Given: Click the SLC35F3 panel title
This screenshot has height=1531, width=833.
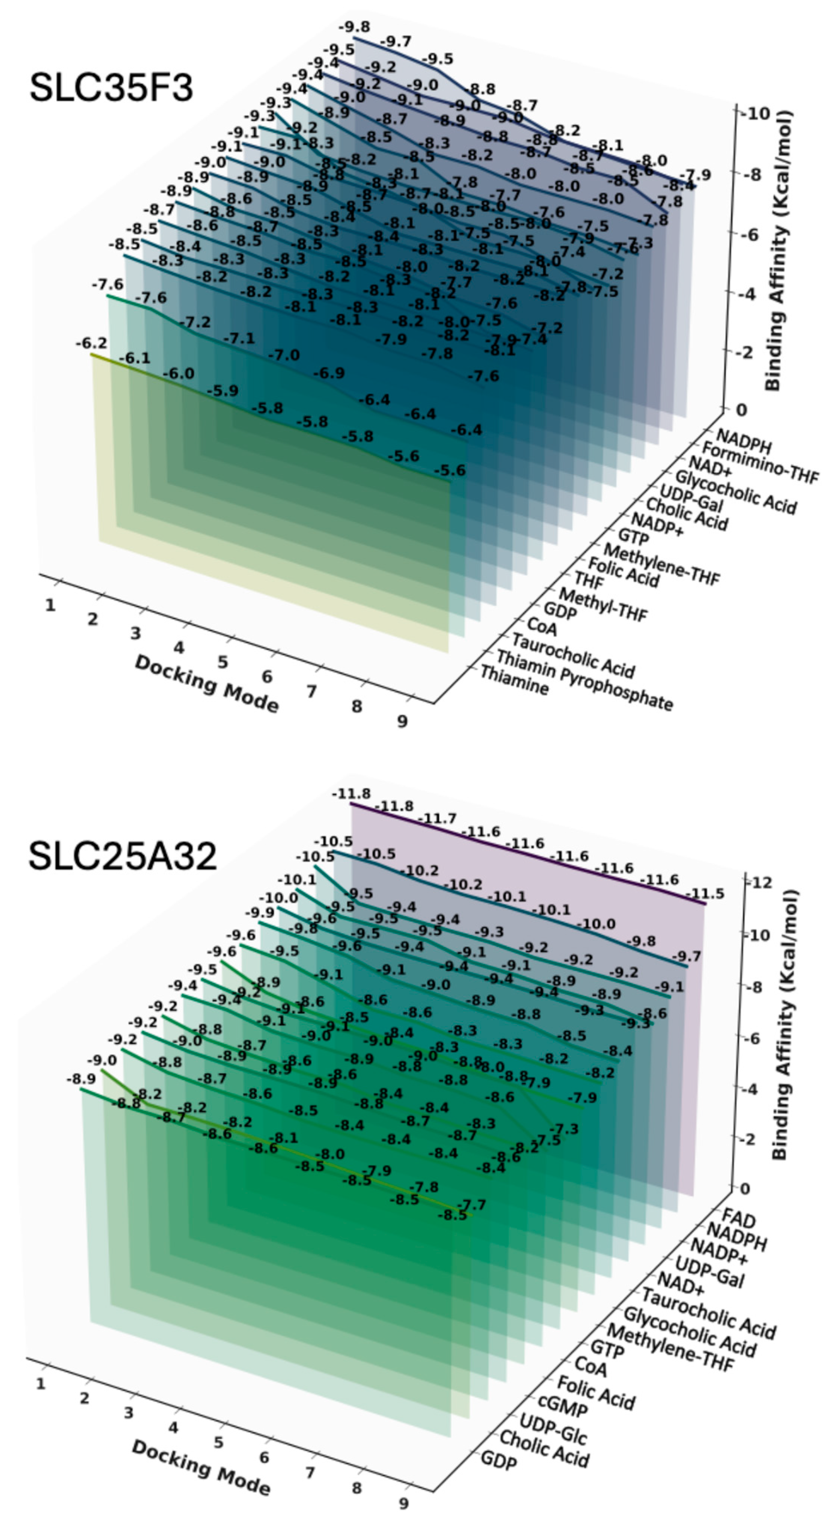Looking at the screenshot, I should point(111,88).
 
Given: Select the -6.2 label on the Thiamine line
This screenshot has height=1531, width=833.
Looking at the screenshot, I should point(91,344).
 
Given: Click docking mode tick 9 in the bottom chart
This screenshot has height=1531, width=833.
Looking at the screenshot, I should point(403,1504).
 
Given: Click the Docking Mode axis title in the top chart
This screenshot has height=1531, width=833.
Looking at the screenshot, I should point(206,684).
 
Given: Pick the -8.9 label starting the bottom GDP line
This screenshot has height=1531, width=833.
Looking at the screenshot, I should point(80,1079).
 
